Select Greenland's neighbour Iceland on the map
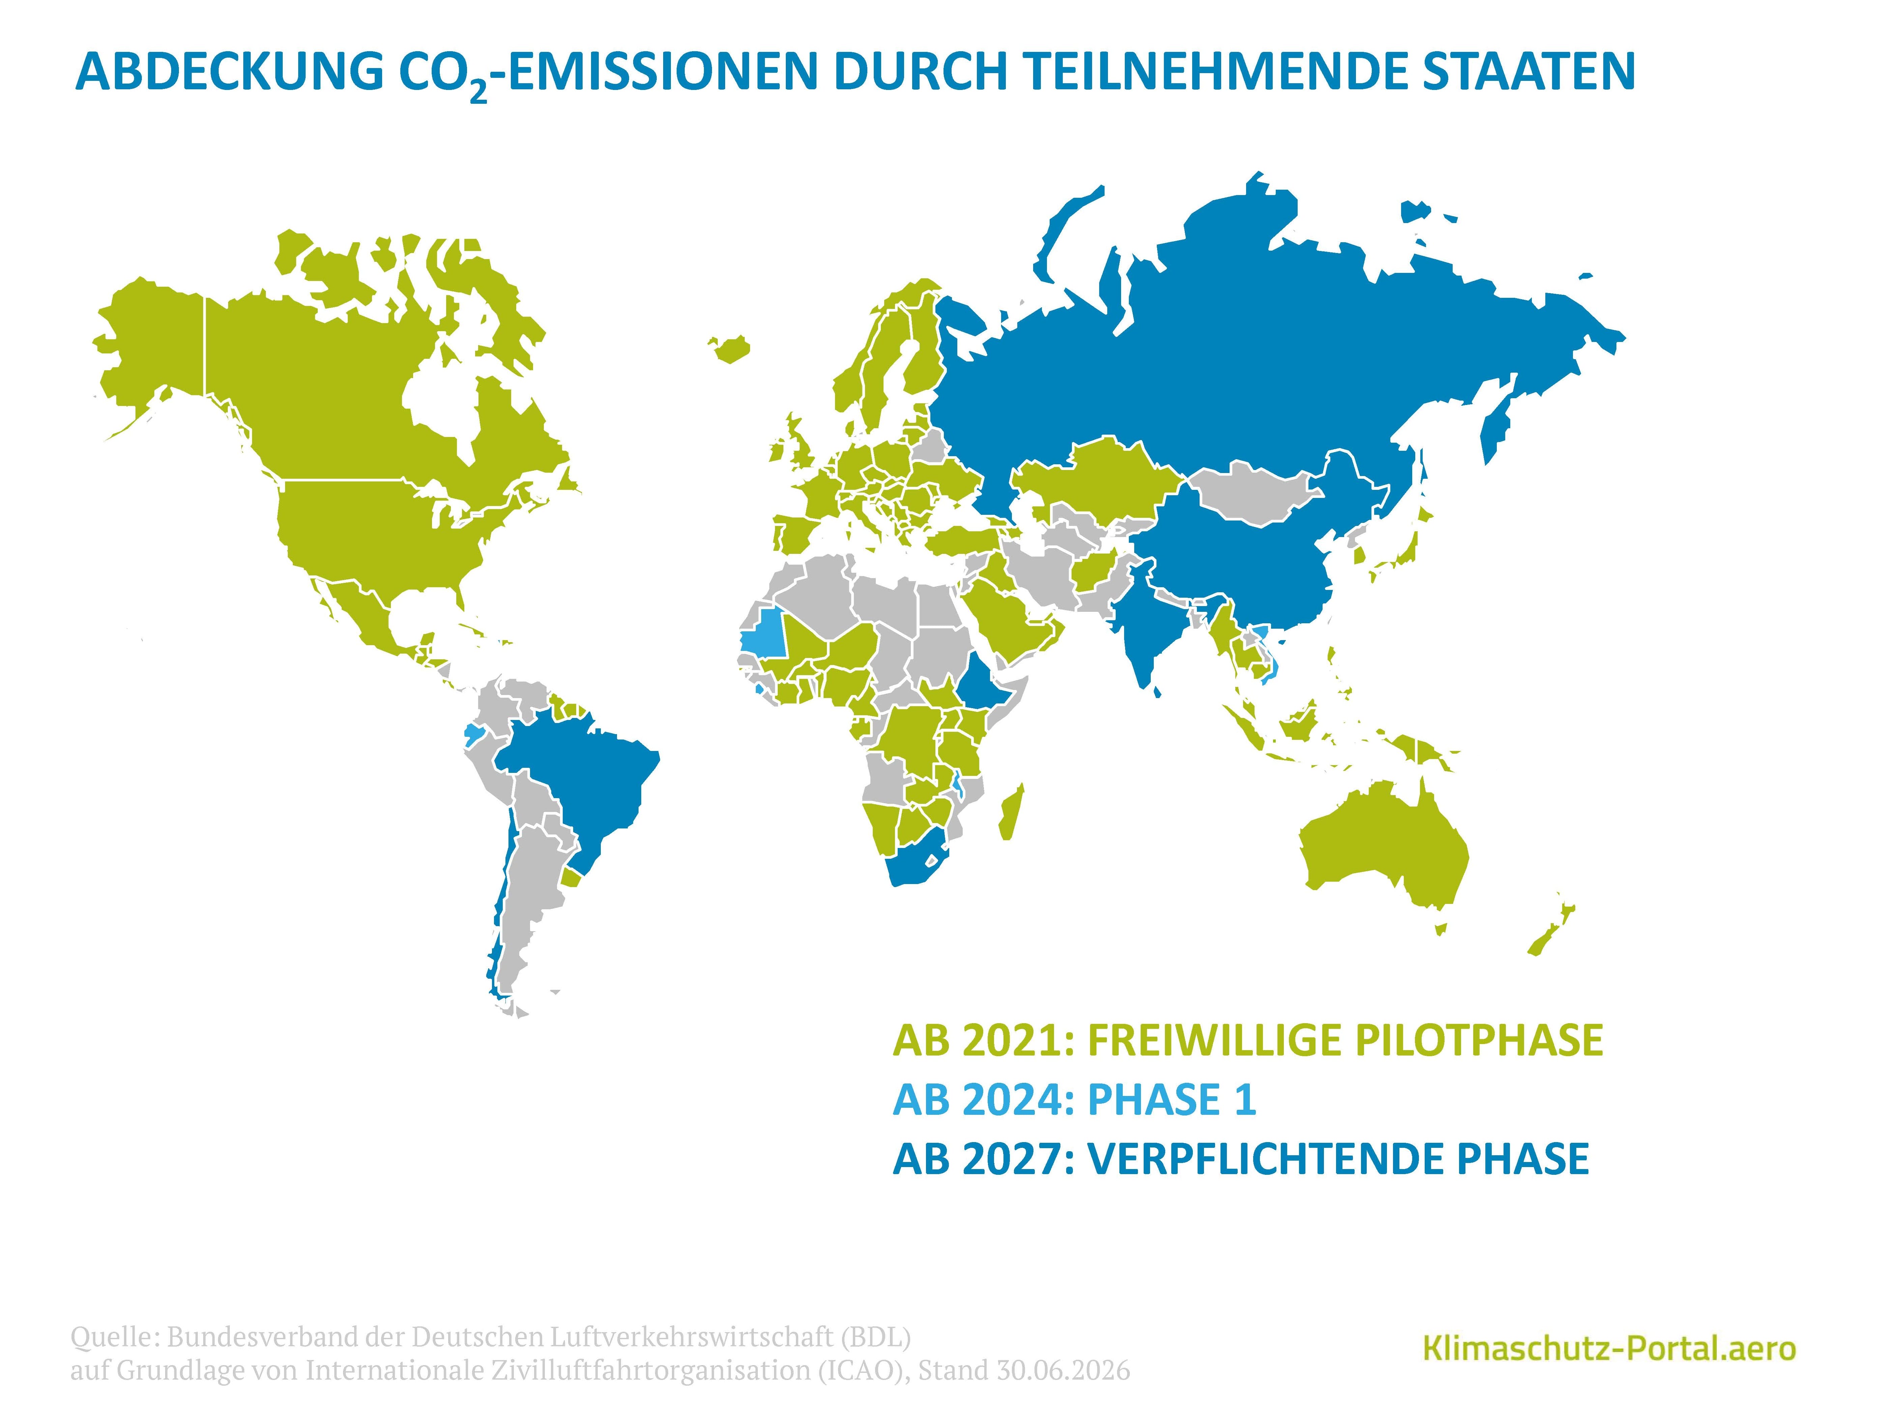(730, 348)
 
